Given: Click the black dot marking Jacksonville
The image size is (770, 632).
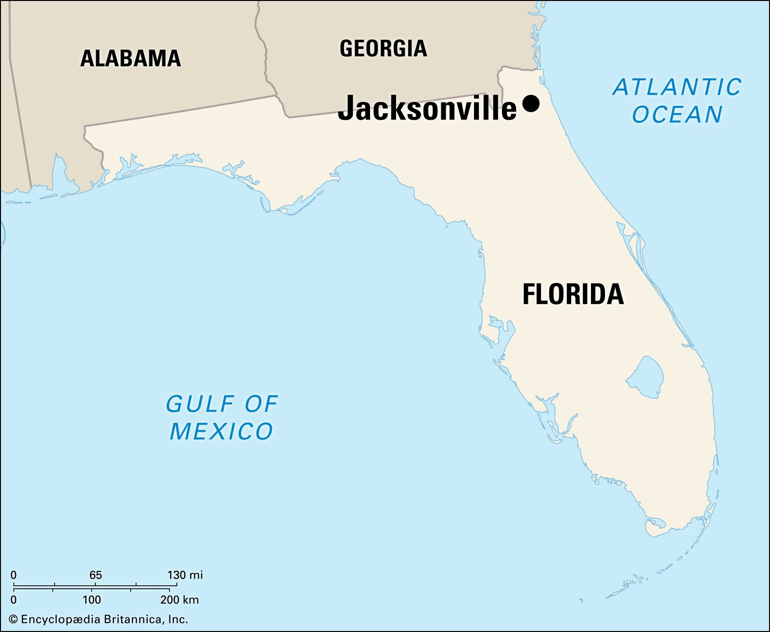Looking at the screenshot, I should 530,103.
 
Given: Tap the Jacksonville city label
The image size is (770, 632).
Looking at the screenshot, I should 427,108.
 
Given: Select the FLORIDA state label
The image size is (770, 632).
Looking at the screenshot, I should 573,294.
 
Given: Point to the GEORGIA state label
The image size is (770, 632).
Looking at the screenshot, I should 383,49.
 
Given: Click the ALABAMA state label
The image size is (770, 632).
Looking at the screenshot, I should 130,58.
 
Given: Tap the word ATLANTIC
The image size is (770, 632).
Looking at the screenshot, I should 677,87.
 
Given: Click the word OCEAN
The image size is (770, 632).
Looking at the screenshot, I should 677,115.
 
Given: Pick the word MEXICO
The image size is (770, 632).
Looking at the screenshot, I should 221,431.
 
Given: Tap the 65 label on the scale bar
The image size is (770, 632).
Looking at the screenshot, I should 95,575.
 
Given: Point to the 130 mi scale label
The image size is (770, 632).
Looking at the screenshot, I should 185,575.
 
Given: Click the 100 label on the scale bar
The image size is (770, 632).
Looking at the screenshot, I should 91,600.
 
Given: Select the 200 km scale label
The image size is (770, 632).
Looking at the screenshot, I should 180,600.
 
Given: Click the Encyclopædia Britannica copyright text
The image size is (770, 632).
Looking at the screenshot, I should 103,619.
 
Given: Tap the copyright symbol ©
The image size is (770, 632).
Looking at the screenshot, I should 13,619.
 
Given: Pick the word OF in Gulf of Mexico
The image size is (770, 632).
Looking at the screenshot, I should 261,404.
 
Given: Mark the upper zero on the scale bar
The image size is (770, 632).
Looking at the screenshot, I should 13,575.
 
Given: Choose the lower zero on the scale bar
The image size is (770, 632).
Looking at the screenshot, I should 13,600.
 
